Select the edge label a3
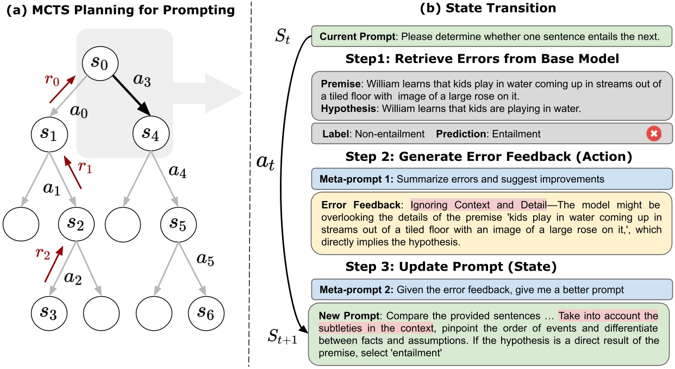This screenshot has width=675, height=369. point(142,81)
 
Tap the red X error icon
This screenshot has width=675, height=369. point(654,134)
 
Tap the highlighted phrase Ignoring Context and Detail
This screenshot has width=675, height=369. point(478,205)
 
